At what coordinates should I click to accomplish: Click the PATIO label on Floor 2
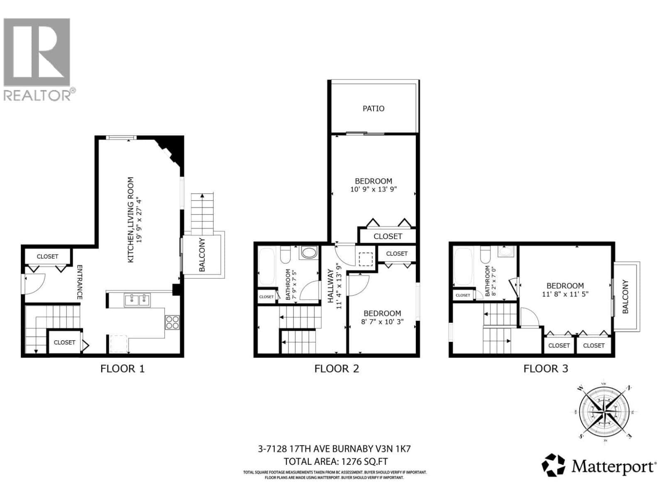[373, 108]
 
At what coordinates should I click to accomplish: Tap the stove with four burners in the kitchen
[172, 322]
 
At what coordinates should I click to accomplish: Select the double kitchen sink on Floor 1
[137, 299]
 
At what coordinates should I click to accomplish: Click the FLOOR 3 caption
[545, 369]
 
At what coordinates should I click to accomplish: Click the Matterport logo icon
[554, 465]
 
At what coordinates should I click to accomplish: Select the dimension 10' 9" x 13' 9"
[373, 190]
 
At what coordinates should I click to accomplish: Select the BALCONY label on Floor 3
[625, 296]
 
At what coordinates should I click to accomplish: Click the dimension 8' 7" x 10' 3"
[382, 322]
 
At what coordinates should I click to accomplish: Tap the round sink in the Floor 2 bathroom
[308, 252]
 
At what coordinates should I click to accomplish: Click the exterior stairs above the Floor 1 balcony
[203, 214]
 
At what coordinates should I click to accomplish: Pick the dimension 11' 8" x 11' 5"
[565, 294]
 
